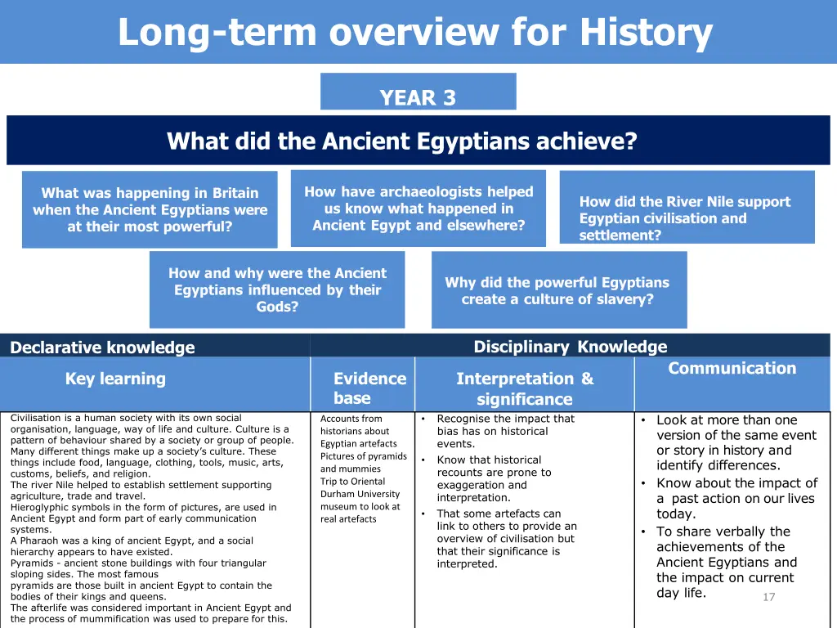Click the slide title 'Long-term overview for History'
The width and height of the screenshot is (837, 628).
point(415,33)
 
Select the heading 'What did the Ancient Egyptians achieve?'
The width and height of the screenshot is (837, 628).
point(401,141)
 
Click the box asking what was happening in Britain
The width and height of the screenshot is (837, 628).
point(150,209)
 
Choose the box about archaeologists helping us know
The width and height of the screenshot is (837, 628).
point(418,209)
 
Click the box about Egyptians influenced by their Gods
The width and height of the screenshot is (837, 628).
point(277,289)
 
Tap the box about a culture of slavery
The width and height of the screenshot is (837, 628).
point(558,290)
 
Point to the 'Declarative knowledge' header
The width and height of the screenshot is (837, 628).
point(102,348)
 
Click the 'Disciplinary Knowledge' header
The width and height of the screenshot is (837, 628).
point(570,347)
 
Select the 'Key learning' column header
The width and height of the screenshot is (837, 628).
point(115,379)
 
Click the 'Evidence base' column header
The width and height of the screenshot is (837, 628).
point(369,388)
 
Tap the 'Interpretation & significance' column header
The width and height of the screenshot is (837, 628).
point(524,388)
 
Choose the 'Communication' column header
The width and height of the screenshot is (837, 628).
point(732,368)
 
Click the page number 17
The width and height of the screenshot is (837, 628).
point(768,597)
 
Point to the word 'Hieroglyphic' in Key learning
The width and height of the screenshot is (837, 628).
point(38,507)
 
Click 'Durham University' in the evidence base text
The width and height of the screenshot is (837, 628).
point(360,494)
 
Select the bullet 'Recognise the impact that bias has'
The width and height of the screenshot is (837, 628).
point(505,431)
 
